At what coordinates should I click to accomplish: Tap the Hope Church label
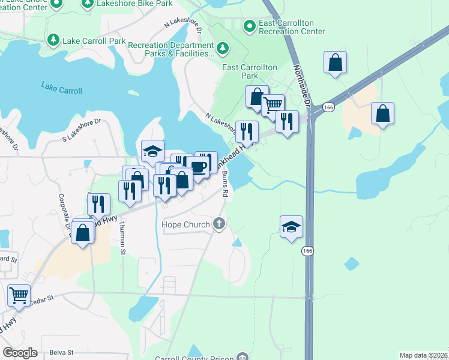pyautogui.click(x=185, y=224)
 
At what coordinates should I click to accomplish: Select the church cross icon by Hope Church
pyautogui.click(x=220, y=224)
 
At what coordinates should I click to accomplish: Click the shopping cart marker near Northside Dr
pyautogui.click(x=273, y=105)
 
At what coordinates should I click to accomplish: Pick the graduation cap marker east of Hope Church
pyautogui.click(x=291, y=226)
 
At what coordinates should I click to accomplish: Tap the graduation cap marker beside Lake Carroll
pyautogui.click(x=152, y=151)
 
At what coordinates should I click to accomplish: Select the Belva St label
pyautogui.click(x=62, y=352)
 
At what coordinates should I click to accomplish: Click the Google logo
pyautogui.click(x=20, y=352)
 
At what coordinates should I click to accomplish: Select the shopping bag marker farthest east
pyautogui.click(x=382, y=113)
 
